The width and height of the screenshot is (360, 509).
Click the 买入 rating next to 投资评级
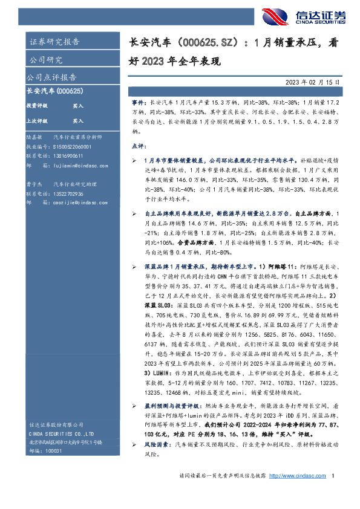click(78, 105)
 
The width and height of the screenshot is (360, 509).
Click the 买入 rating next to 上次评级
click(78, 120)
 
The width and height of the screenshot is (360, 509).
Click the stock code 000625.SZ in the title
click(205, 44)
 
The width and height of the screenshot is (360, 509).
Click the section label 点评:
click(139, 146)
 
